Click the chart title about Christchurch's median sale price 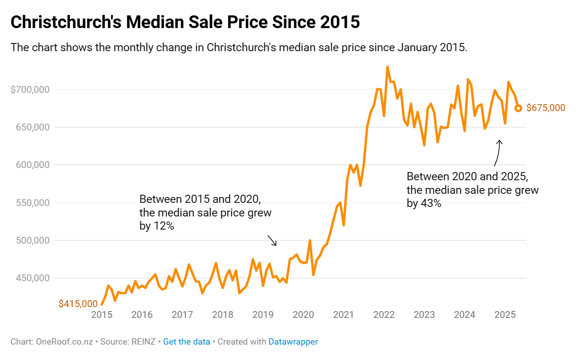(185, 22)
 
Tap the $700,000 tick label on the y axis (30, 90)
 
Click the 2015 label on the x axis (102, 315)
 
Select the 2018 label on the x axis (223, 315)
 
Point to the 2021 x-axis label (344, 315)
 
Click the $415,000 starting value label (78, 304)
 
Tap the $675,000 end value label (546, 108)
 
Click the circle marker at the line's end (518, 108)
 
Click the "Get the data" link (186, 342)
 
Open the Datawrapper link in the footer (293, 342)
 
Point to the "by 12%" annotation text (157, 226)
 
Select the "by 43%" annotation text (424, 203)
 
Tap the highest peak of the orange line (387, 67)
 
